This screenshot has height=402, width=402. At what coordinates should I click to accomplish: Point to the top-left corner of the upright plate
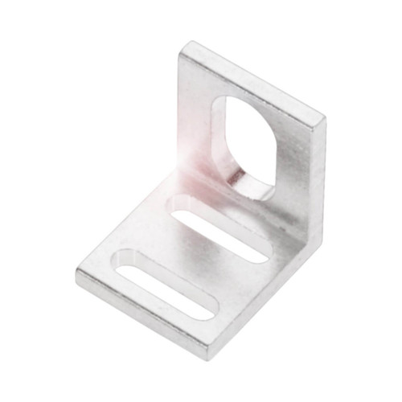[x=184, y=46]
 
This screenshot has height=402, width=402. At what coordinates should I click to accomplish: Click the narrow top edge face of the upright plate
[x=257, y=80]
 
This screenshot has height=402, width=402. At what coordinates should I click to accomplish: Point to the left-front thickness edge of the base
[x=141, y=318]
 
